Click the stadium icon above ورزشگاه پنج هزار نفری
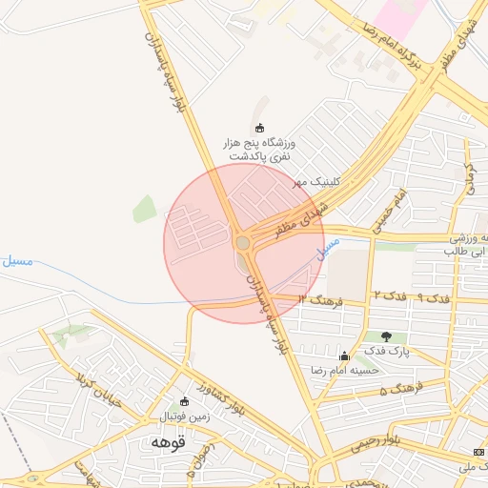tap(259, 128)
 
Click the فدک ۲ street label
tap(389, 296)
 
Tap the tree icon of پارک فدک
tap(385, 336)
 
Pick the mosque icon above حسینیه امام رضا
tap(344, 356)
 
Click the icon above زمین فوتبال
tap(185, 402)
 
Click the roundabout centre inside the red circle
tap(243, 243)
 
